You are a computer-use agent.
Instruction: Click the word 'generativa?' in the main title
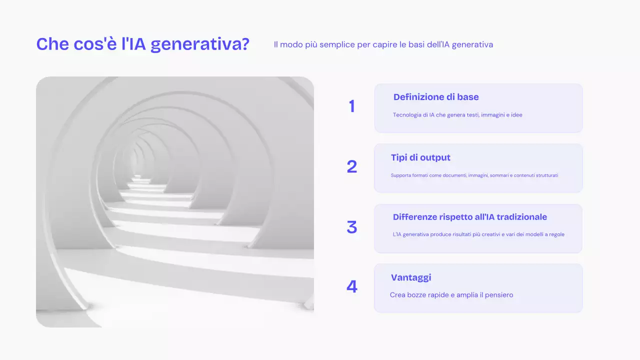pos(200,45)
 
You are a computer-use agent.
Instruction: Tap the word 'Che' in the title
pos(52,44)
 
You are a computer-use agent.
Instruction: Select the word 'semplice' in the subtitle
pos(337,45)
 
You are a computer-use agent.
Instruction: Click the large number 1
pos(352,106)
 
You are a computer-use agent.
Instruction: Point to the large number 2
pos(352,166)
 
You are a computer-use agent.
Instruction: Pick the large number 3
pos(352,227)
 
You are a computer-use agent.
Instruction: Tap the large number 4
pos(352,286)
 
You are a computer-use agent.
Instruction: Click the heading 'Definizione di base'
pos(436,97)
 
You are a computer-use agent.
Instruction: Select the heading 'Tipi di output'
pos(420,157)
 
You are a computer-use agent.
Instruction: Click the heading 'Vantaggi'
pos(411,277)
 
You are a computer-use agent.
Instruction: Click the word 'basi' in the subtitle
pos(416,44)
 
